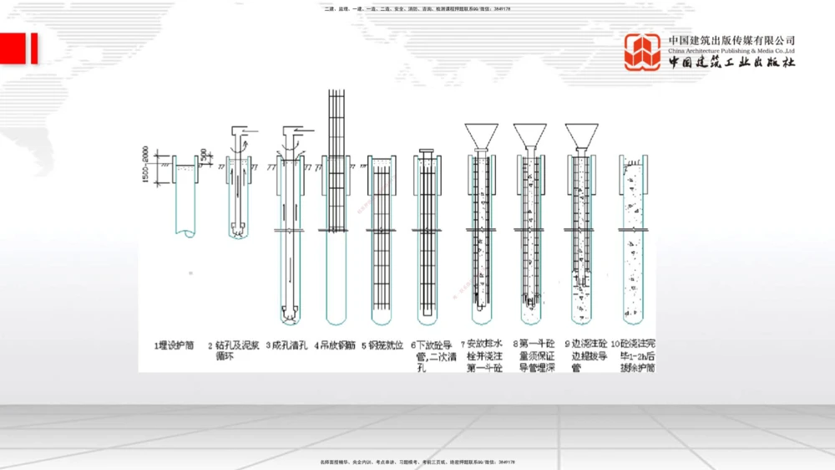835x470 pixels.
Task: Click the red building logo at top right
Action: [x=642, y=52]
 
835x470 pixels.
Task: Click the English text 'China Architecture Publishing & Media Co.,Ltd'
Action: [x=731, y=51]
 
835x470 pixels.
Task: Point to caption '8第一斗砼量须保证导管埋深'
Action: [x=534, y=355]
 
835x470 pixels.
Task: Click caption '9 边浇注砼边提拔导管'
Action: [x=584, y=355]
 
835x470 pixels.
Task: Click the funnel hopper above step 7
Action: [x=482, y=135]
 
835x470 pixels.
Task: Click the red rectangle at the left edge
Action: [x=18, y=49]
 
